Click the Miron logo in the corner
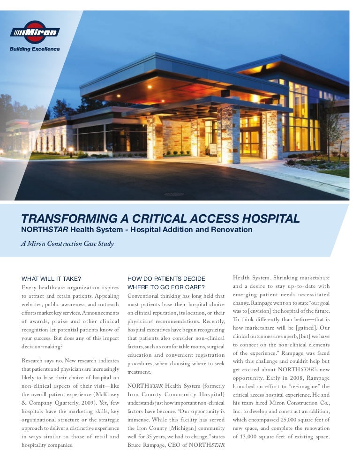tap(35, 32)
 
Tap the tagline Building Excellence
tap(35, 49)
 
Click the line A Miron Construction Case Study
tap(67, 244)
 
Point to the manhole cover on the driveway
tap(174, 193)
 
